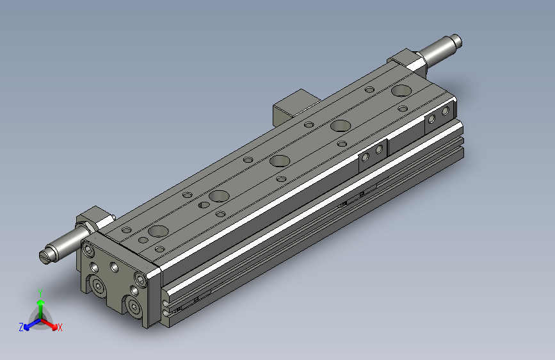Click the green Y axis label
pyautogui.click(x=40, y=293)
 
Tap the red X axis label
pyautogui.click(x=60, y=327)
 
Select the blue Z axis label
pyautogui.click(x=21, y=327)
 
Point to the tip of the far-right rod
pyautogui.click(x=457, y=40)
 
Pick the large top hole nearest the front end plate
pyautogui.click(x=158, y=231)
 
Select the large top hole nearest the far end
pyautogui.click(x=401, y=90)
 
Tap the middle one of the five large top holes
pyautogui.click(x=280, y=161)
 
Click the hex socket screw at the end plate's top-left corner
pyautogui.click(x=88, y=250)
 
